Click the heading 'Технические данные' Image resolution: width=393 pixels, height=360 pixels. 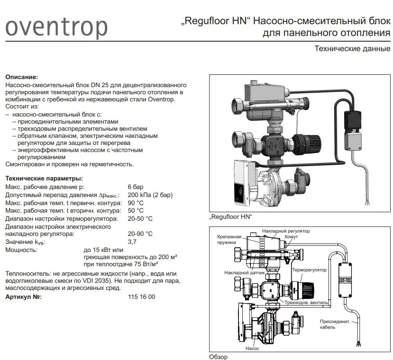point(353,49)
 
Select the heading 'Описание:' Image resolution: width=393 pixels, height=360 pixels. point(21,77)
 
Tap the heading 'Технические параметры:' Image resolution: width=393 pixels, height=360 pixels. point(44,179)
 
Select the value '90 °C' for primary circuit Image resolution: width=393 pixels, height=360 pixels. point(136,203)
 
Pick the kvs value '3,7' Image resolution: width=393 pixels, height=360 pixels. point(132,242)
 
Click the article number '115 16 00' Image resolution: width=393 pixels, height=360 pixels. point(141,297)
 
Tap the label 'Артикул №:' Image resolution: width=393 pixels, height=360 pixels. point(23,297)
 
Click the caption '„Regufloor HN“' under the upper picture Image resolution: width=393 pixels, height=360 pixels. point(230,217)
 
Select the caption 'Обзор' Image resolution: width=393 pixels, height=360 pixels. point(218,357)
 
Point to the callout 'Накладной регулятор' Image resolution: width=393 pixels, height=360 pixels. point(285,231)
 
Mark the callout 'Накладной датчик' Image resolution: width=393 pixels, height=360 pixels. point(241,273)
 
